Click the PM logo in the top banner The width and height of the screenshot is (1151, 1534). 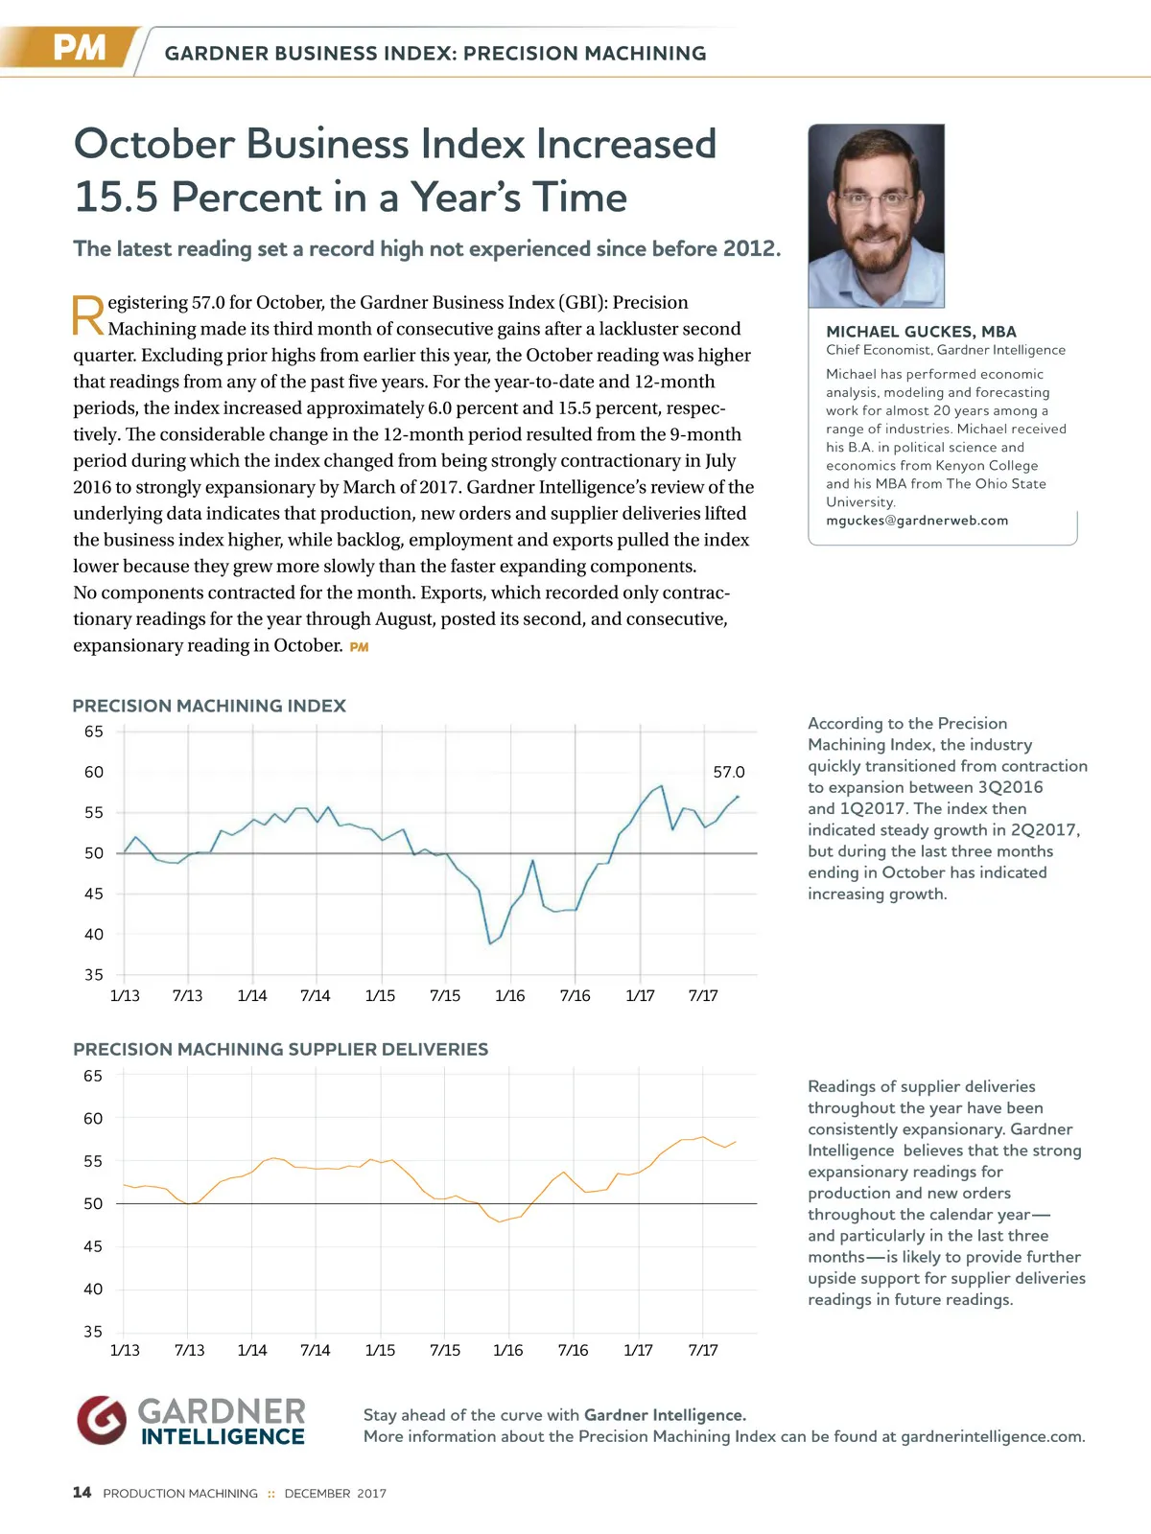point(79,48)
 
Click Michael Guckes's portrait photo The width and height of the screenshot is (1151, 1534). point(876,216)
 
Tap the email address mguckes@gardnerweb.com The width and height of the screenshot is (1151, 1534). point(916,521)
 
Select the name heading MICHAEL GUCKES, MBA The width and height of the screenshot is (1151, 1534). point(921,332)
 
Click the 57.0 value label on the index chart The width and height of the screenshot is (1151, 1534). point(729,772)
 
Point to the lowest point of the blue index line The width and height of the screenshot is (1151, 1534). point(490,943)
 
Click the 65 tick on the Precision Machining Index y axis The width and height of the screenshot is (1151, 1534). point(93,732)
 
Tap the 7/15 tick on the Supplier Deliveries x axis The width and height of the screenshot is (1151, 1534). point(445,1350)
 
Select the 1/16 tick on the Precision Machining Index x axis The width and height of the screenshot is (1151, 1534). point(510,995)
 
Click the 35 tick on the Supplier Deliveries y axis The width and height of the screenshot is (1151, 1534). point(93,1332)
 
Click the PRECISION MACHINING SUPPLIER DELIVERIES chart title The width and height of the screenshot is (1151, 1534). point(280,1049)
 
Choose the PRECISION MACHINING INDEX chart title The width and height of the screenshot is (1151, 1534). point(209,706)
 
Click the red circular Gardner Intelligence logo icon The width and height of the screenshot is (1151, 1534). point(102,1419)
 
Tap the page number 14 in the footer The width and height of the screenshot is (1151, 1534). point(82,1492)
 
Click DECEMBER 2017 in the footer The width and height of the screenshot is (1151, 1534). point(335,1493)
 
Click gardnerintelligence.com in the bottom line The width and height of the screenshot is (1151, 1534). point(993,1436)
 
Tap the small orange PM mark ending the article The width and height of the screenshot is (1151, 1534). point(359,647)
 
